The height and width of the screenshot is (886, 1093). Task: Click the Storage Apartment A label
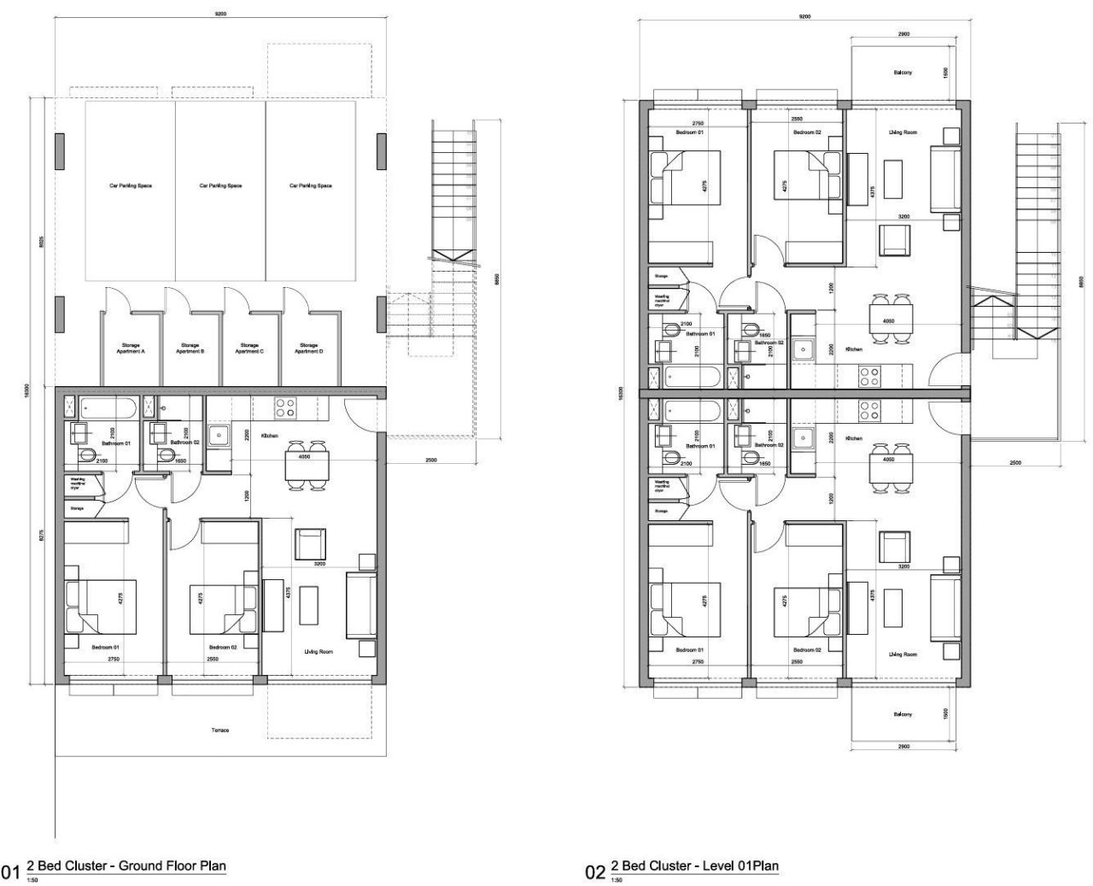[131, 349]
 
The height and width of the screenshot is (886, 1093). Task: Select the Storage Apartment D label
[307, 349]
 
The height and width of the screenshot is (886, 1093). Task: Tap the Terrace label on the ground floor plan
[220, 731]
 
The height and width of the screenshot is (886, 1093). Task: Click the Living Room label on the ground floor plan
[318, 652]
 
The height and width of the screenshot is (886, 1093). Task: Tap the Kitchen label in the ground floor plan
[270, 436]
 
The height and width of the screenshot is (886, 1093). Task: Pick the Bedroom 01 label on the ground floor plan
[105, 648]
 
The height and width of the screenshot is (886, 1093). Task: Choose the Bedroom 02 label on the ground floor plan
[222, 648]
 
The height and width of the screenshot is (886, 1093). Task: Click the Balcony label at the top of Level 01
[903, 73]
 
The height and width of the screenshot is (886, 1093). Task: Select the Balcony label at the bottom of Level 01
[903, 714]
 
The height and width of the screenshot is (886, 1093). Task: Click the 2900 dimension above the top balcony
[903, 34]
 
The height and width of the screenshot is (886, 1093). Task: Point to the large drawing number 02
[594, 872]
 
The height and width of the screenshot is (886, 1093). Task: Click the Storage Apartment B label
[190, 349]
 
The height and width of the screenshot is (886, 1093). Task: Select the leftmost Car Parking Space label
[131, 185]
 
